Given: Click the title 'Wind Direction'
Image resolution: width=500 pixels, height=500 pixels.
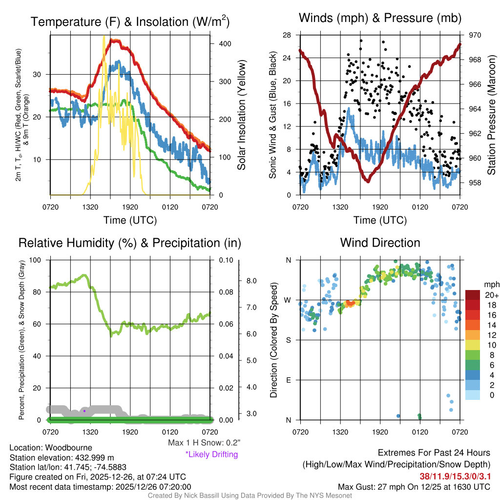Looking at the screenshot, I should pos(380,243).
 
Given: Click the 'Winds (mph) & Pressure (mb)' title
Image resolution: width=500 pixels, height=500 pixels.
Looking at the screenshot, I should pos(380,19).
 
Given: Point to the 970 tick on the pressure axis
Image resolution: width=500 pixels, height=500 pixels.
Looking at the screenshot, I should pos(475,35).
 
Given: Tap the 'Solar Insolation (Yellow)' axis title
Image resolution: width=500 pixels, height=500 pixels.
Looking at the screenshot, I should pos(241,115).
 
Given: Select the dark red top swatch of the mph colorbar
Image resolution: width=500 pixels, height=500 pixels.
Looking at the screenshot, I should pos(472,294).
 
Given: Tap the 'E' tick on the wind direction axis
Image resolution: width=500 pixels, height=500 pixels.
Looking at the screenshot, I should pos(288,380).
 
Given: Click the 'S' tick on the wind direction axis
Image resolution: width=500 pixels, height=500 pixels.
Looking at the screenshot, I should pos(288,340).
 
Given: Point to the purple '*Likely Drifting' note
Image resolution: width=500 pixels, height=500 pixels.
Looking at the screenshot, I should pos(211,455).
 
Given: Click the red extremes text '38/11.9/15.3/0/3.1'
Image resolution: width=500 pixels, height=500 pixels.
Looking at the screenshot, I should pos(455,476).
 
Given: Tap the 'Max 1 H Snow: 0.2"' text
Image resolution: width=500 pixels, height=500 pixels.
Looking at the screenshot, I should pos(204,443).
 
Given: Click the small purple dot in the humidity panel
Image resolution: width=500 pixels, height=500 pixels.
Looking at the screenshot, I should pos(84,411).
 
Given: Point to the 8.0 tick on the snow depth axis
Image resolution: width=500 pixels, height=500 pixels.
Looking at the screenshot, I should pos(250,281).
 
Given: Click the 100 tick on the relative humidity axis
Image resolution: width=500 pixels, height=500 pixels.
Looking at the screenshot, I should pos(37,260).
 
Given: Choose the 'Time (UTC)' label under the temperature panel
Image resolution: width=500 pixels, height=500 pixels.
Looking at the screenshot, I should pos(130,220).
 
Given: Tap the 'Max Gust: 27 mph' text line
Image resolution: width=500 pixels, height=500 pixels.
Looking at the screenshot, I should pos(414,487).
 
